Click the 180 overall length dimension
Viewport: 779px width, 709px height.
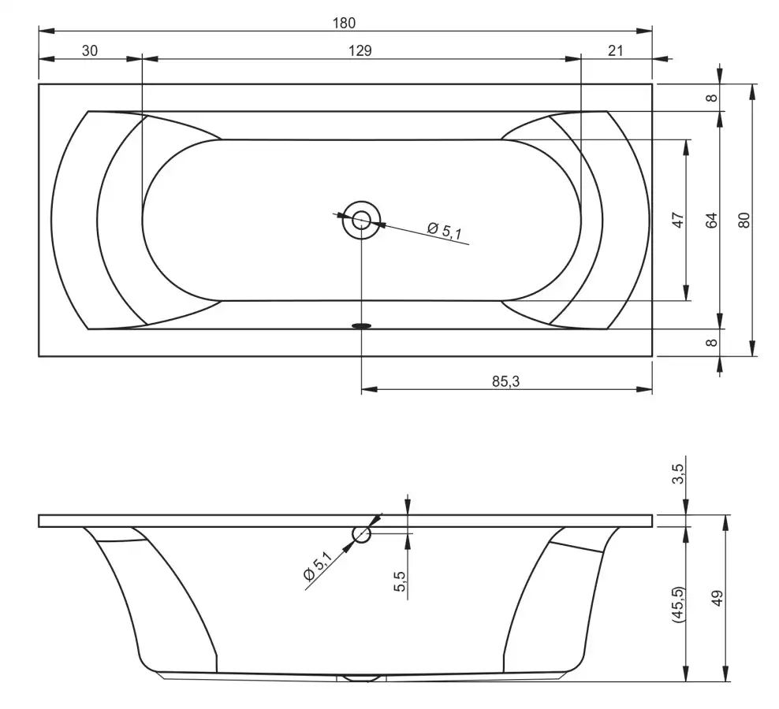345,23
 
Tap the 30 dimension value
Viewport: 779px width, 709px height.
90,50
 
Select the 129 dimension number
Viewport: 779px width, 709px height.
360,50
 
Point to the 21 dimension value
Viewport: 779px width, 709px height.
616,50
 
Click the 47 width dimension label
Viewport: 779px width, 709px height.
678,220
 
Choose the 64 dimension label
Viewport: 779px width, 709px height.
712,220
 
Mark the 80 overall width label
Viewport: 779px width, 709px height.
744,220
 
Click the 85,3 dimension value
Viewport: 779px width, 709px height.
505,381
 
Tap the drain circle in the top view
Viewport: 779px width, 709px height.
361,220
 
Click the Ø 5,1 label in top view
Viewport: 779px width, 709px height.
445,231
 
